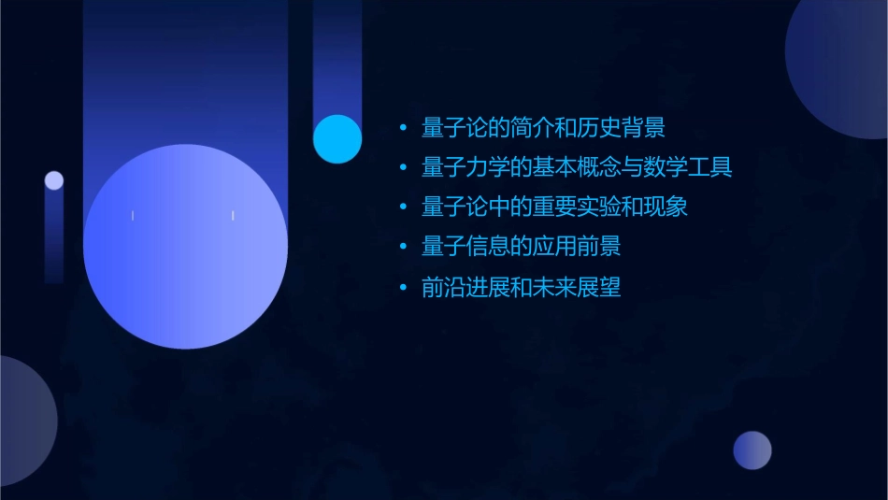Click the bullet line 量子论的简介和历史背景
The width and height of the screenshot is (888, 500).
click(x=543, y=128)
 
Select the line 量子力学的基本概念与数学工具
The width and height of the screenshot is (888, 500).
click(x=577, y=168)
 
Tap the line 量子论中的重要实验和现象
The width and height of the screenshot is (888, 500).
click(x=554, y=207)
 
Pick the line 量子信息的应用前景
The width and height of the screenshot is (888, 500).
click(x=521, y=248)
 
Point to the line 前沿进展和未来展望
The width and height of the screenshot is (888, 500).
click(x=521, y=288)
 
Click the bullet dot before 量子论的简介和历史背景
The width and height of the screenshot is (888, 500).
click(x=403, y=128)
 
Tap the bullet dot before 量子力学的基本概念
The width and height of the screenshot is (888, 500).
click(x=403, y=168)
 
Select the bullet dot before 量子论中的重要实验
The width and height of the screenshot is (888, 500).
click(x=403, y=207)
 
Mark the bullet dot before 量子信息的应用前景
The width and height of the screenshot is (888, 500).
click(x=403, y=248)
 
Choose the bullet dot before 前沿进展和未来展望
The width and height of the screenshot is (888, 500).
click(x=403, y=288)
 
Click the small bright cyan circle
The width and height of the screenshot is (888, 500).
click(x=337, y=139)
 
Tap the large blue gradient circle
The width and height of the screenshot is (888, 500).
click(x=185, y=247)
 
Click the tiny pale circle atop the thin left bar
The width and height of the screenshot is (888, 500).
click(x=54, y=180)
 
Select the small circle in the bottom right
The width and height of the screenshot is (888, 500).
click(x=752, y=450)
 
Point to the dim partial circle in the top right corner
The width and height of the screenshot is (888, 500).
click(x=841, y=65)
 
